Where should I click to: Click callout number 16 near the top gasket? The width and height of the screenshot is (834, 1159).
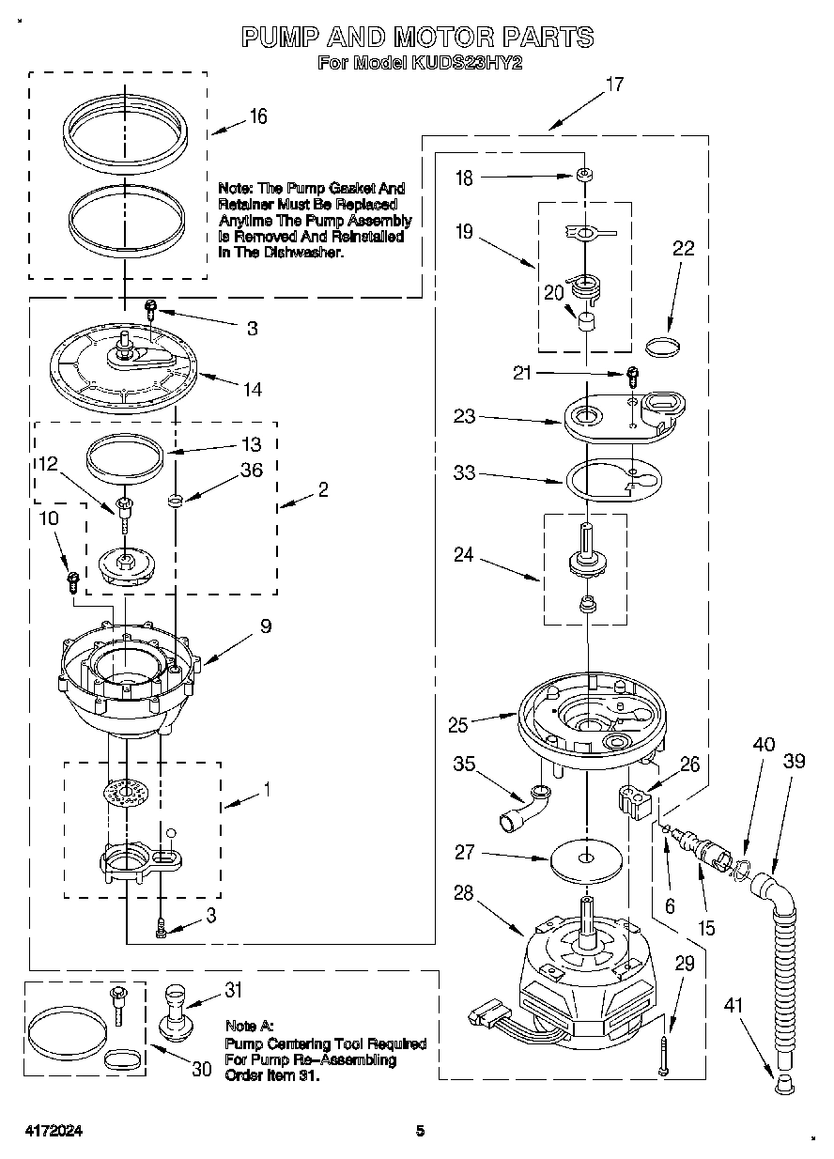(x=258, y=116)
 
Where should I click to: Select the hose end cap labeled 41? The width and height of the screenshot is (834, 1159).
(x=783, y=1087)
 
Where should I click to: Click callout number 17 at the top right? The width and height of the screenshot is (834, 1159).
(x=614, y=85)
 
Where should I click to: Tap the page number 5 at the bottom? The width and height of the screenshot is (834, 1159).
(x=422, y=1131)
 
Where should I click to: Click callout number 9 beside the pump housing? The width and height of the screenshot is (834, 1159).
(x=266, y=626)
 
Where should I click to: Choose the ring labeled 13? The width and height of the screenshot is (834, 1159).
(x=126, y=457)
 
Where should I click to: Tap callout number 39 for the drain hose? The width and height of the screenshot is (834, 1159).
(x=795, y=761)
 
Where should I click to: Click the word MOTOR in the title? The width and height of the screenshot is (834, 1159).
(x=441, y=37)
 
